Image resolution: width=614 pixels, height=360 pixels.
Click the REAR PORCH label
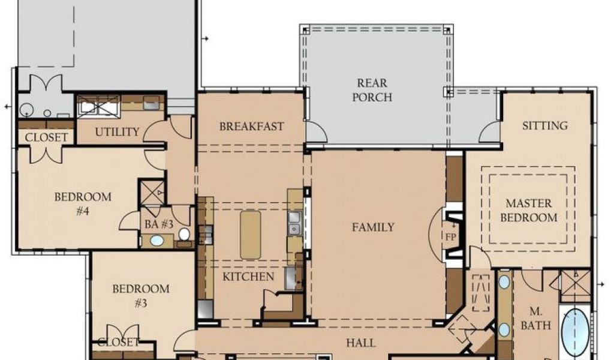(372, 90)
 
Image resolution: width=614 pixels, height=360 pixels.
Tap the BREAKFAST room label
(251, 127)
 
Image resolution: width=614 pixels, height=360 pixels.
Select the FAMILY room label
(373, 227)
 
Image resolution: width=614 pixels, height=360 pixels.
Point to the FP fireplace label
(451, 237)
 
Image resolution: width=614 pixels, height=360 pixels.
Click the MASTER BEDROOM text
(529, 211)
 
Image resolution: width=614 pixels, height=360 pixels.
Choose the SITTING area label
(544, 126)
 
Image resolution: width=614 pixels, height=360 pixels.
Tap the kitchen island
(251, 235)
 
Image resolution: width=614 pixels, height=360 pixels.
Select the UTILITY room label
(117, 132)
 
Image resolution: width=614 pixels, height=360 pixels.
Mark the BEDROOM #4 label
(83, 203)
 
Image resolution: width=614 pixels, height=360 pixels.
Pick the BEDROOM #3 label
(140, 296)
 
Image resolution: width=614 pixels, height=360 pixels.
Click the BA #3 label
(159, 224)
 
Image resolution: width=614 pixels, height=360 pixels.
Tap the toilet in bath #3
(184, 234)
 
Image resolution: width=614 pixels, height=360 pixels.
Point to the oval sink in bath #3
(157, 241)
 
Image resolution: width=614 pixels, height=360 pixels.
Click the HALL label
(360, 343)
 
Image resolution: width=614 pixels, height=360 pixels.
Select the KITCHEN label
(248, 277)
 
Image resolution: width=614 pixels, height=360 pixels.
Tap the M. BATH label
(535, 318)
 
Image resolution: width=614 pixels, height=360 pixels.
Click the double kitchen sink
(294, 223)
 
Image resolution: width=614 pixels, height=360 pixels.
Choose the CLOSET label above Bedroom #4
(46, 137)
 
